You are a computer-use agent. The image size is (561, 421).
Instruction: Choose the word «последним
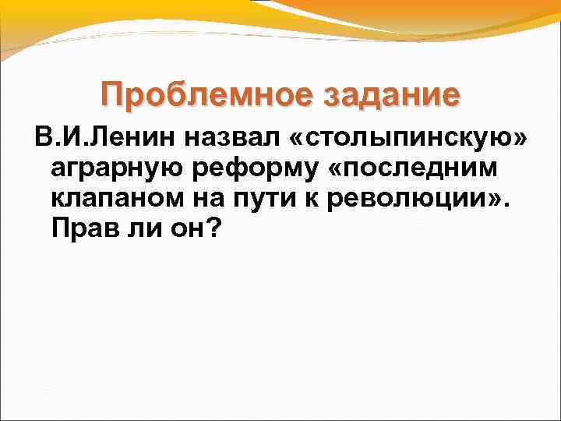click(x=420, y=169)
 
